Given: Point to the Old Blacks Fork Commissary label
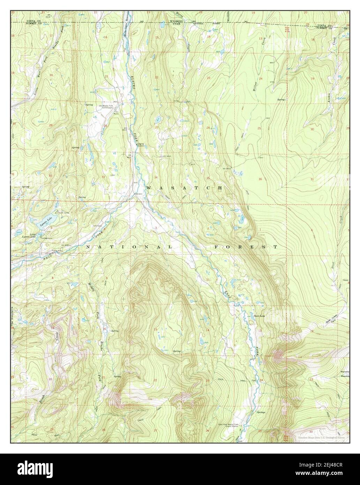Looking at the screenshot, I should pyautogui.click(x=106, y=106).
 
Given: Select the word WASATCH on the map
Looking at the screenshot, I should pyautogui.click(x=185, y=188).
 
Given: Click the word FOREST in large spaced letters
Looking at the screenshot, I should pyautogui.click(x=246, y=247).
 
